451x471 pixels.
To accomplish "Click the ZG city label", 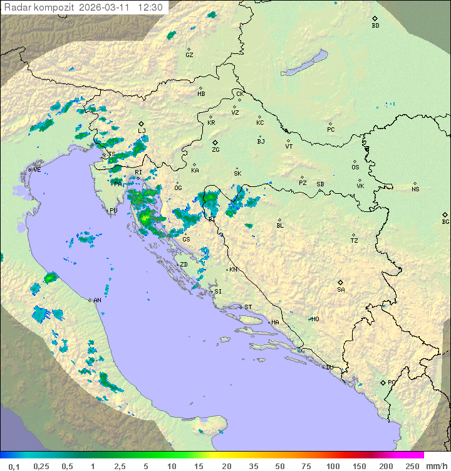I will tap(215, 150).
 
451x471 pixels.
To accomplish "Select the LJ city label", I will tap(142, 131).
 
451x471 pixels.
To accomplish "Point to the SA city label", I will tap(341, 290).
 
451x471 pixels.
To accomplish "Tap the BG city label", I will tap(445, 221).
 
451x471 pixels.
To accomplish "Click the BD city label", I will tap(375, 26).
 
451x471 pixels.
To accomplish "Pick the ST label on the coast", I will tap(248, 307).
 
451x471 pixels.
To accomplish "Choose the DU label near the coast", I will tap(329, 368).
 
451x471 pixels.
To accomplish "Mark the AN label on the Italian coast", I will tap(97, 301).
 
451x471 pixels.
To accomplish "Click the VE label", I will tap(37, 170).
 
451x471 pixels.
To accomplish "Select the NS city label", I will tap(415, 189).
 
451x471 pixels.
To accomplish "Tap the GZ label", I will tap(189, 55).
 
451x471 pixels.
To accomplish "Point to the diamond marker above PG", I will tap(383, 382).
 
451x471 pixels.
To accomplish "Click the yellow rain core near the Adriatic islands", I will tap(145, 218).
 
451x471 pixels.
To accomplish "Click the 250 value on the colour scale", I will tap(412, 466).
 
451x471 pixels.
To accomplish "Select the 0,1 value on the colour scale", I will tap(14, 466).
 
